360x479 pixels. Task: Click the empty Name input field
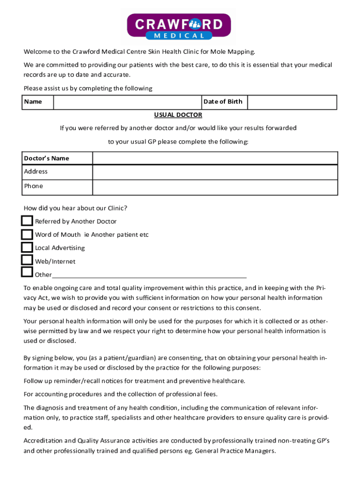127,102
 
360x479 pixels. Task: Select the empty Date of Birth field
292,102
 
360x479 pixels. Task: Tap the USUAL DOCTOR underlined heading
178,115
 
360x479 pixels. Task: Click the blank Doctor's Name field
215,158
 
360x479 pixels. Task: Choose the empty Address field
215,172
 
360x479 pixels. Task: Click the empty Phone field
215,187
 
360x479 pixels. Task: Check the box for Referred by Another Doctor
27,221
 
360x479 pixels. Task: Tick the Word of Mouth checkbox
27,234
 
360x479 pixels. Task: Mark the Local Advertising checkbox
27,247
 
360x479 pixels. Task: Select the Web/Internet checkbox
27,260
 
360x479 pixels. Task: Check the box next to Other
27,272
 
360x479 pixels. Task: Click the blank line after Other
150,275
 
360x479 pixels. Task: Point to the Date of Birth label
223,102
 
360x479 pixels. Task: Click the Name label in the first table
33,102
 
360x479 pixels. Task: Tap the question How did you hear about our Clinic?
75,208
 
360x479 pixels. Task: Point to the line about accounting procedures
121,394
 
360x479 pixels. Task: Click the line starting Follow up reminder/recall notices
134,381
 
